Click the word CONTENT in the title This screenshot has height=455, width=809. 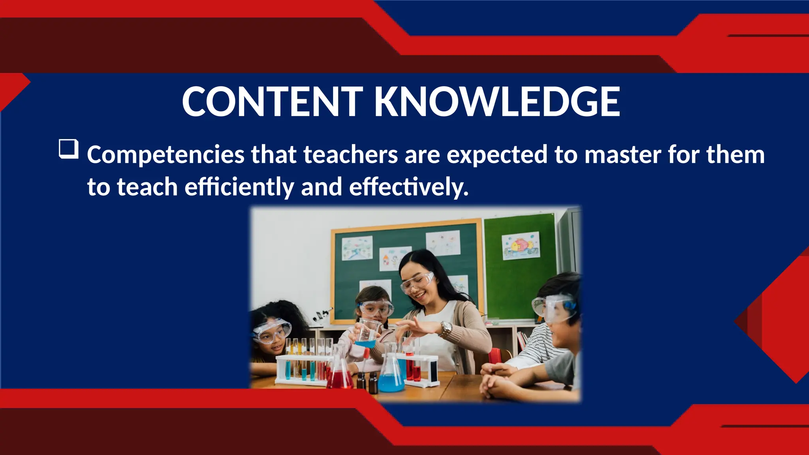[x=272, y=102]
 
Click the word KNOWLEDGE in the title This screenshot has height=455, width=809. [x=497, y=102]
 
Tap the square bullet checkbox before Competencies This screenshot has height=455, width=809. [x=68, y=149]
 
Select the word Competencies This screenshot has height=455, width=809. [x=166, y=155]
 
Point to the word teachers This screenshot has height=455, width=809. [x=350, y=155]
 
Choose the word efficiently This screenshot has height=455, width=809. [x=239, y=187]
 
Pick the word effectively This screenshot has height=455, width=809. [x=409, y=187]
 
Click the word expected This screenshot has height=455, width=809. [x=497, y=155]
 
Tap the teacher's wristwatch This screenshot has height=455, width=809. [x=446, y=328]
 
